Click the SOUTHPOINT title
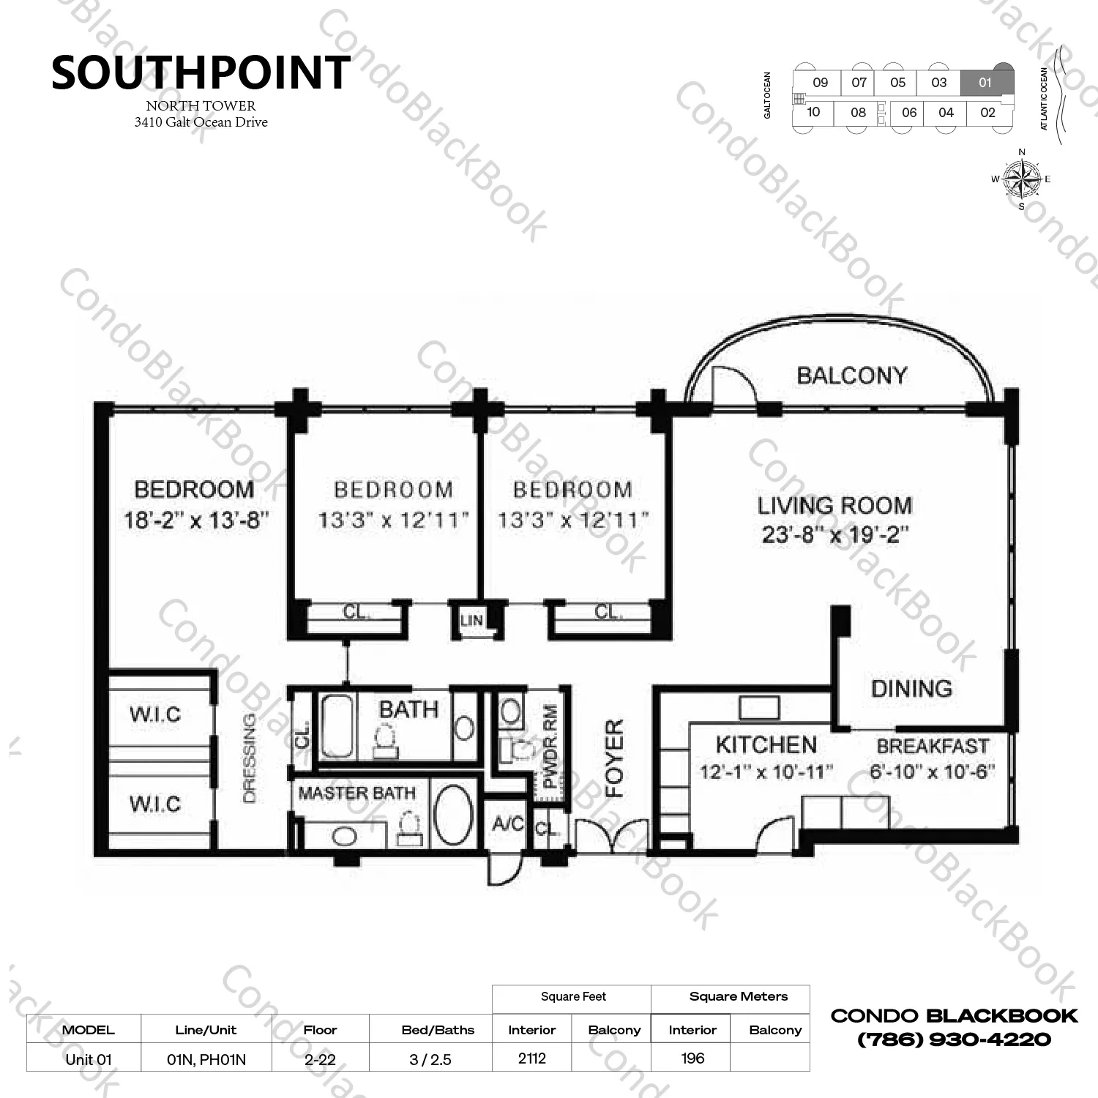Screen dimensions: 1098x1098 (x=201, y=73)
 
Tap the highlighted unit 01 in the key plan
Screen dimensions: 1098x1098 (x=985, y=83)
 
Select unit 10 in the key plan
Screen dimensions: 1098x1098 (x=813, y=113)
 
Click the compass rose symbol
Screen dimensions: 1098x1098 (x=1022, y=179)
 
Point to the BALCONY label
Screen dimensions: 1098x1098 (x=851, y=376)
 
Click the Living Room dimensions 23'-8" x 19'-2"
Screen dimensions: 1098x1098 (x=835, y=535)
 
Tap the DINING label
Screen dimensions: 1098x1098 (x=911, y=688)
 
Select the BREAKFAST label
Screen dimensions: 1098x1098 (x=933, y=747)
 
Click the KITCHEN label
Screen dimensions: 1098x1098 (x=766, y=745)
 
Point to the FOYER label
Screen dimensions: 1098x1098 (x=615, y=758)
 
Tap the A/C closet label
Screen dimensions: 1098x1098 (x=508, y=824)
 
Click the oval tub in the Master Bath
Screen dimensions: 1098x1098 (x=454, y=816)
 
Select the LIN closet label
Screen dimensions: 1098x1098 (x=472, y=621)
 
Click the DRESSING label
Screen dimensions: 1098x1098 (x=249, y=758)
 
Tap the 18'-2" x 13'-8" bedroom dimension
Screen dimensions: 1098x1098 (x=196, y=521)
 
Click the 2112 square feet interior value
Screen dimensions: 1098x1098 (x=531, y=1058)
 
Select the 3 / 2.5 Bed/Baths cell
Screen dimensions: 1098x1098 (x=430, y=1059)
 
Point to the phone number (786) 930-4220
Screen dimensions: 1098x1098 (x=954, y=1039)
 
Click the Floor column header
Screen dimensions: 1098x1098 (x=320, y=1030)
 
